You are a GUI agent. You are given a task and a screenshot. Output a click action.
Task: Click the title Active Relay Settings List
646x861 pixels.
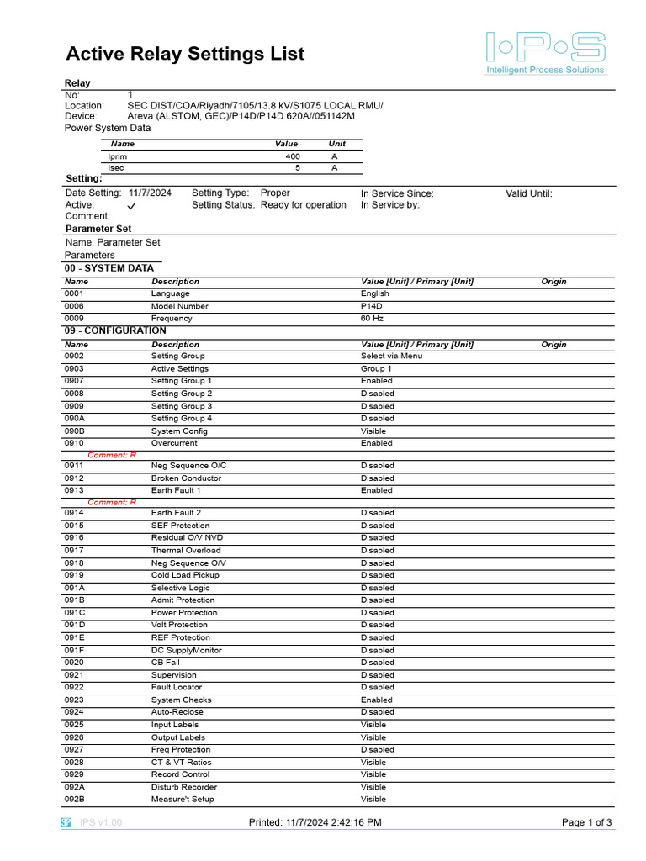tap(185, 54)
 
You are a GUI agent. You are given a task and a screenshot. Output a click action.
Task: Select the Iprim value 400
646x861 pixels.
tap(292, 156)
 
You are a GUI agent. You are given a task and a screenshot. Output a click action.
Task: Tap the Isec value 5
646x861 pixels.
tap(296, 168)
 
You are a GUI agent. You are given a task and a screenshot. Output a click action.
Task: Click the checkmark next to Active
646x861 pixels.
tap(132, 206)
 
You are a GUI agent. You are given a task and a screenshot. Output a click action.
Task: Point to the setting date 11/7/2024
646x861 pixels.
tap(150, 193)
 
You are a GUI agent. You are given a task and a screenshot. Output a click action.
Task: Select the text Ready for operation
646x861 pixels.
tap(303, 205)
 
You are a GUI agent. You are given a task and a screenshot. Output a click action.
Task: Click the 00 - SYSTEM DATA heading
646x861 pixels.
tap(109, 268)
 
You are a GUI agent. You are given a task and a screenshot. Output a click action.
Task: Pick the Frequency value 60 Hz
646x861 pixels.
tap(371, 319)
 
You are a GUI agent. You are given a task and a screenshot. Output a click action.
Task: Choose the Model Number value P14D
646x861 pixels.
tap(372, 306)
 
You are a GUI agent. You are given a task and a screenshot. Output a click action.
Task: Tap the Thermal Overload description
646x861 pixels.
tap(185, 551)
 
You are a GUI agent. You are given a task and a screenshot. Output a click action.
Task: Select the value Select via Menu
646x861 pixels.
tap(391, 356)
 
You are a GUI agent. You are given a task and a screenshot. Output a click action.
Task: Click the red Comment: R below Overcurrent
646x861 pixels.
tap(112, 455)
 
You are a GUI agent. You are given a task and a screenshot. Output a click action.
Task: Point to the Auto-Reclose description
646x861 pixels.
tap(177, 712)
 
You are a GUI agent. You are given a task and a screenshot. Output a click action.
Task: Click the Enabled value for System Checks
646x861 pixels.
tap(376, 700)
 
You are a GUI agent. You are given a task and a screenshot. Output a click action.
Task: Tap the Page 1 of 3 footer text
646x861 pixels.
tap(586, 822)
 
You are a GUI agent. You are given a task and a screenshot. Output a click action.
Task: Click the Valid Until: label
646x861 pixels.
tap(528, 193)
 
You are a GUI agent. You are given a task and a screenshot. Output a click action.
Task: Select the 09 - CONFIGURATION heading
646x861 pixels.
tap(115, 331)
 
